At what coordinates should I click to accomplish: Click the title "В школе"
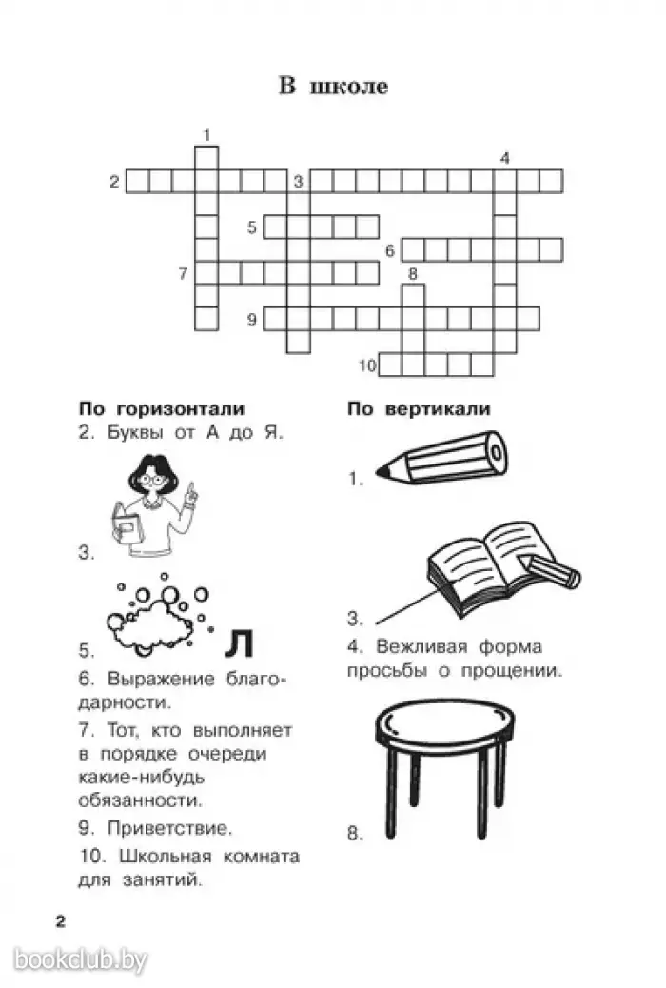point(333,86)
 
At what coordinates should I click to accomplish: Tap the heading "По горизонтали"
point(161,409)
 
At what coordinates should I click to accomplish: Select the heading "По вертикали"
point(419,409)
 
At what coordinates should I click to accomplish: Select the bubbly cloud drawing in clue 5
point(158,614)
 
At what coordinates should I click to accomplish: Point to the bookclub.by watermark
point(81,959)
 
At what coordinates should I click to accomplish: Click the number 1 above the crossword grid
point(206,135)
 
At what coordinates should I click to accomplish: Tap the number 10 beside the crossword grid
point(367,365)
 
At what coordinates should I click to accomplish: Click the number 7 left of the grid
point(183,274)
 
